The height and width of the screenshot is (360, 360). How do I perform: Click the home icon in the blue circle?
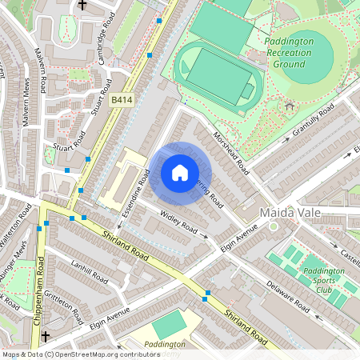click(180, 173)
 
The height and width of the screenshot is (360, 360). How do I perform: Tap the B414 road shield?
click(121, 100)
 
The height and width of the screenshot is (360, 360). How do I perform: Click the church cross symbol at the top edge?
click(82, 5)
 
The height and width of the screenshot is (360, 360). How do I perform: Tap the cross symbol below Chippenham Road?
click(46, 337)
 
